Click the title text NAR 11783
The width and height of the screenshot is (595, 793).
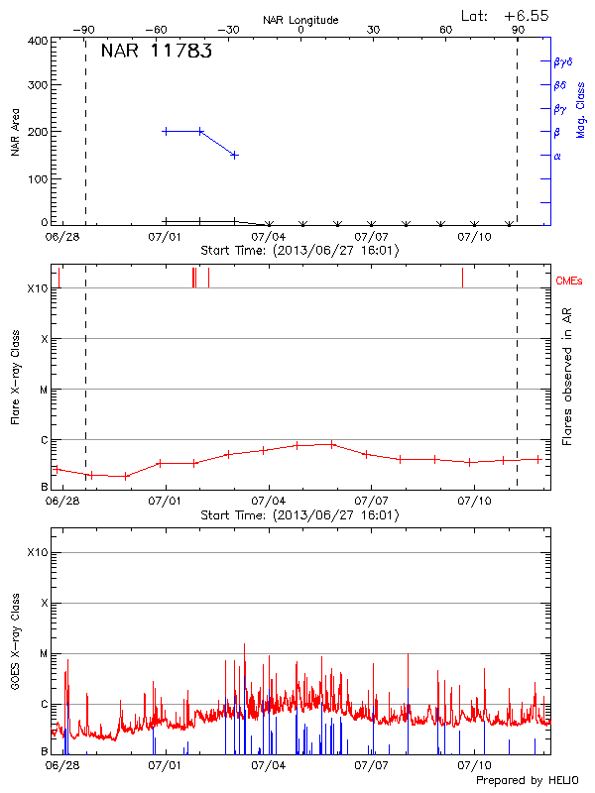coord(156,52)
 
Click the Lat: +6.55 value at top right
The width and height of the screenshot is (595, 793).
coord(506,16)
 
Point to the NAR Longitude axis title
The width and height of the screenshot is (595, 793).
coord(300,20)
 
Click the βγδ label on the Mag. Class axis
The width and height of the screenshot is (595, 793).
coord(564,61)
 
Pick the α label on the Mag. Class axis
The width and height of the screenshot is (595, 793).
coord(557,156)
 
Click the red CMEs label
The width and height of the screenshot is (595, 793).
coord(570,282)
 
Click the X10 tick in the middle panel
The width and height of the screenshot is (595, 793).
coord(39,288)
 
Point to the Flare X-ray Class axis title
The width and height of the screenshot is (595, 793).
coord(15,376)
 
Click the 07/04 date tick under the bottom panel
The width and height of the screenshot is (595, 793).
coord(268,765)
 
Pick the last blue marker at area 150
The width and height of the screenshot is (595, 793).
coord(234,155)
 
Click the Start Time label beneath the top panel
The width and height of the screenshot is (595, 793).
coord(299,250)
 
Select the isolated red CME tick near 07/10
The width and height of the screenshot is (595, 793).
coord(462,278)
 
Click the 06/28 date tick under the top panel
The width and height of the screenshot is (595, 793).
coord(61,237)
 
